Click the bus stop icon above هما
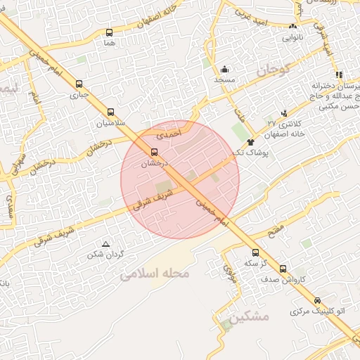click(x=109, y=32)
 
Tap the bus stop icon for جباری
click(x=79, y=82)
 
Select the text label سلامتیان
click(x=110, y=122)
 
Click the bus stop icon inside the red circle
click(x=154, y=151)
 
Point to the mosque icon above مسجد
click(x=224, y=69)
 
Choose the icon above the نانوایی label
click(x=292, y=27)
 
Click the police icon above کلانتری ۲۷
click(x=283, y=112)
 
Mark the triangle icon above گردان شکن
click(x=105, y=244)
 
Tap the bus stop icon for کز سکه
click(x=254, y=252)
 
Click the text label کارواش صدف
click(x=283, y=278)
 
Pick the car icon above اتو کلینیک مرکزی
click(x=317, y=300)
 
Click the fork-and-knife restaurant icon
click(x=338, y=74)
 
